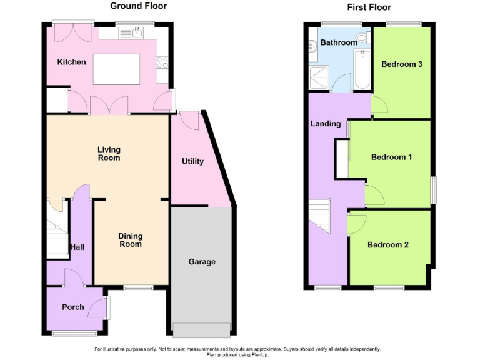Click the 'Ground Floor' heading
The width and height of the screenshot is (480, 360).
(138, 6)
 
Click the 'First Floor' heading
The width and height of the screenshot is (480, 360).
(369, 7)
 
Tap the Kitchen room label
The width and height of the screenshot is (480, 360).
(71, 62)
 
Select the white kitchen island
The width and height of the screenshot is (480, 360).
(116, 69)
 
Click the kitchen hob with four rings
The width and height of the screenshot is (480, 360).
(161, 62)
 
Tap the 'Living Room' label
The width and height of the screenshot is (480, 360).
(109, 154)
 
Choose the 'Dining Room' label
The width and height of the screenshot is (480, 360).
(131, 240)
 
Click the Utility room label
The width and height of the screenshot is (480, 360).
(192, 161)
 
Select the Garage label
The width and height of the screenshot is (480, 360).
(202, 262)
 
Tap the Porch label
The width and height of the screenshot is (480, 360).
(72, 307)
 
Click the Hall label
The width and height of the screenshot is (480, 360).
(77, 247)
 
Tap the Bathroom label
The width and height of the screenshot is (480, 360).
(339, 42)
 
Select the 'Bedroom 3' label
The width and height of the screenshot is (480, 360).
(402, 64)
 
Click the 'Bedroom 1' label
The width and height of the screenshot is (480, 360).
(391, 157)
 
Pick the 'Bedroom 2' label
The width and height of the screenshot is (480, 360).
(387, 245)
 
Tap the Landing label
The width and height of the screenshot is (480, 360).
(326, 124)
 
